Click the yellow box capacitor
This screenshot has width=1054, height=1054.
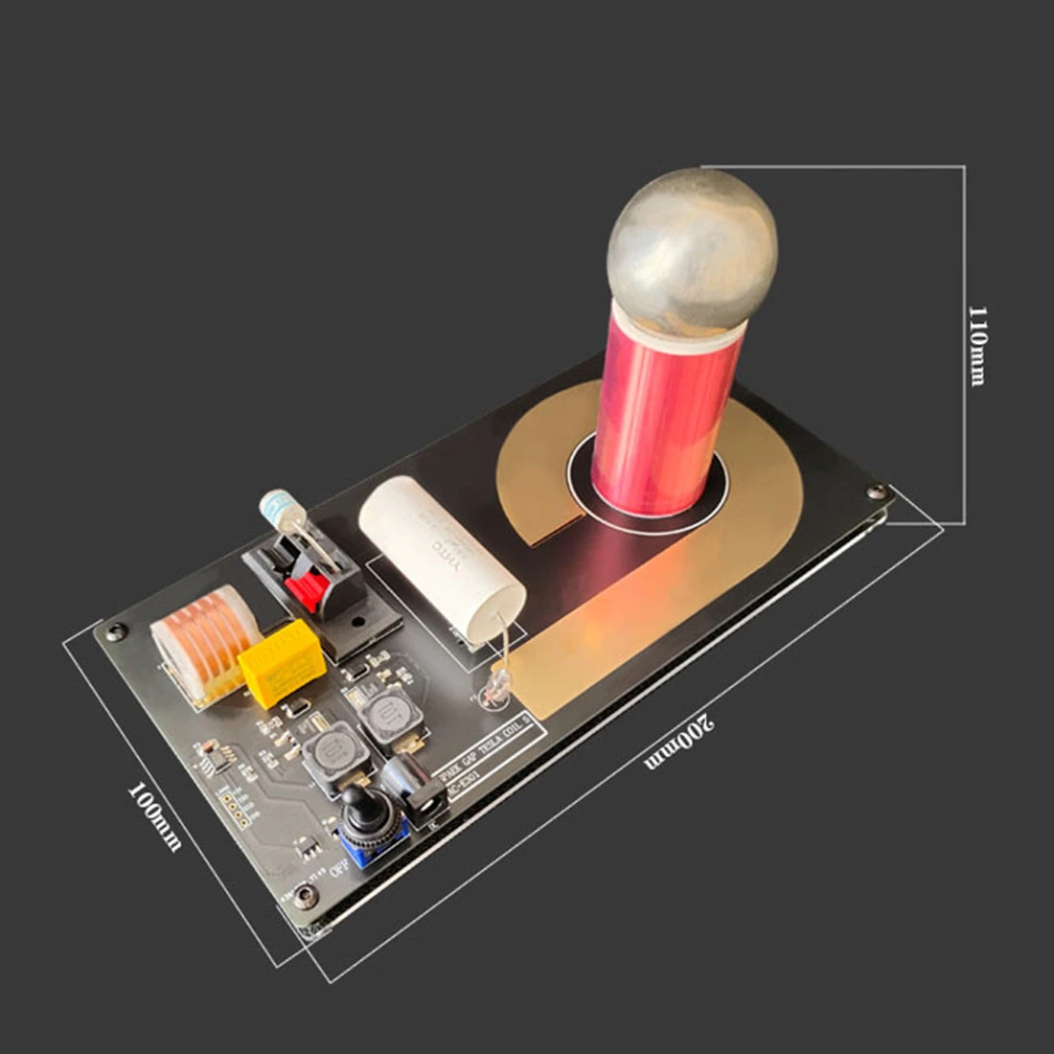pos(283,662)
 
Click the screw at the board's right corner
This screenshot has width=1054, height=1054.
pos(876,492)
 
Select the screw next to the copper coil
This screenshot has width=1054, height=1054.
pos(116,630)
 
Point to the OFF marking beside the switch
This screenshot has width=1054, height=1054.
pos(337,868)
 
